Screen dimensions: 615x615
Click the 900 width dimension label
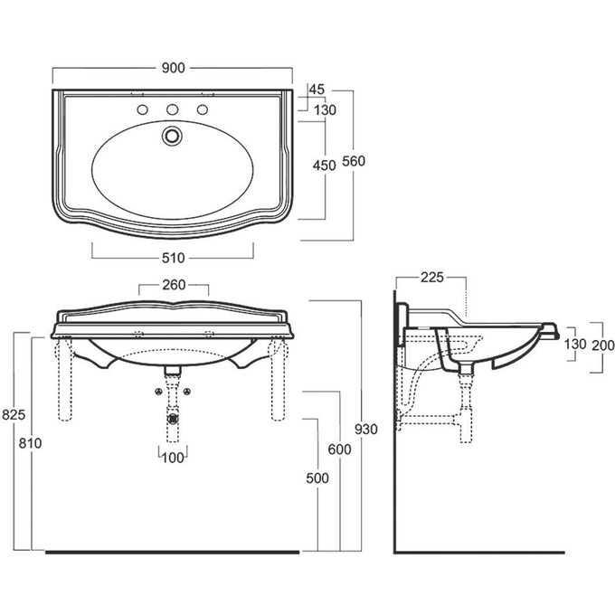pos(173,68)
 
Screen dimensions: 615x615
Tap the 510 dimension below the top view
pos(173,258)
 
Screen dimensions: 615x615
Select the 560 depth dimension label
pos(354,161)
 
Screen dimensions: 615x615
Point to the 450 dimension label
pos(325,166)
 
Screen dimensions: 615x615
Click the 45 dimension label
pos(317,90)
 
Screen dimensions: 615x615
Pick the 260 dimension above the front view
pos(174,285)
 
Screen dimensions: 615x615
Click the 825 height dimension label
pos(14,414)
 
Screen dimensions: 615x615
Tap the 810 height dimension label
pos(30,443)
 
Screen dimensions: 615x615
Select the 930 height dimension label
pos(366,430)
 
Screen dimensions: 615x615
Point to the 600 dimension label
pos(340,449)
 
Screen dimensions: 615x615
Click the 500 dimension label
pos(317,478)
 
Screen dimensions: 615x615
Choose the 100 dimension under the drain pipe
pos(173,458)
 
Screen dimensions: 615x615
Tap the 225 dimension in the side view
pos(431,278)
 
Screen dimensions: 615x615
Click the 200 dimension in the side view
pos(603,345)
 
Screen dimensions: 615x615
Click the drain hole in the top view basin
pos(172,136)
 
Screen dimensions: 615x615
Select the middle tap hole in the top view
pos(172,109)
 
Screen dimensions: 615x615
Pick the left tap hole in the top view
pos(142,109)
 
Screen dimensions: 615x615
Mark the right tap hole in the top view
pos(203,109)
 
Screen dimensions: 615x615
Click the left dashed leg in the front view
pos(65,378)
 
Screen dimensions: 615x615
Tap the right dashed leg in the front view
pos(278,378)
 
